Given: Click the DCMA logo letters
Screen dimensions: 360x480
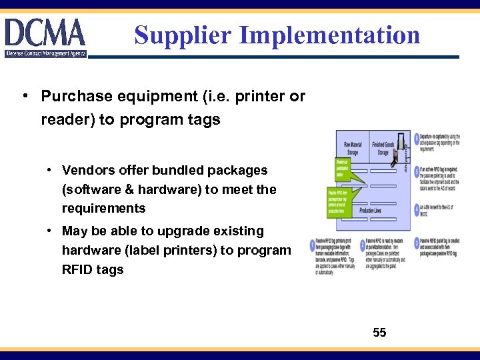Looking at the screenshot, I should tap(45, 32).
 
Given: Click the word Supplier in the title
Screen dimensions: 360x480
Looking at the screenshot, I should tap(176, 35).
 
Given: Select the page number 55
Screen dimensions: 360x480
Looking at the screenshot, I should tap(379, 332).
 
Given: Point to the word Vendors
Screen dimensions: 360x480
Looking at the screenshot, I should tap(89, 171).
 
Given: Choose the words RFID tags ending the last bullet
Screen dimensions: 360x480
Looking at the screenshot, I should tap(93, 270).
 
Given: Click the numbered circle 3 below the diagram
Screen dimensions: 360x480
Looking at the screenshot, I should tap(417, 243).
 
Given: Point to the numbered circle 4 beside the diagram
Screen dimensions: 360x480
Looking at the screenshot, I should tap(417, 209).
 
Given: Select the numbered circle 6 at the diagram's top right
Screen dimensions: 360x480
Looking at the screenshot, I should tap(417, 138).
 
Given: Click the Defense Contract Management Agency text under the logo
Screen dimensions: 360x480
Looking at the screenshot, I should tap(45, 53).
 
